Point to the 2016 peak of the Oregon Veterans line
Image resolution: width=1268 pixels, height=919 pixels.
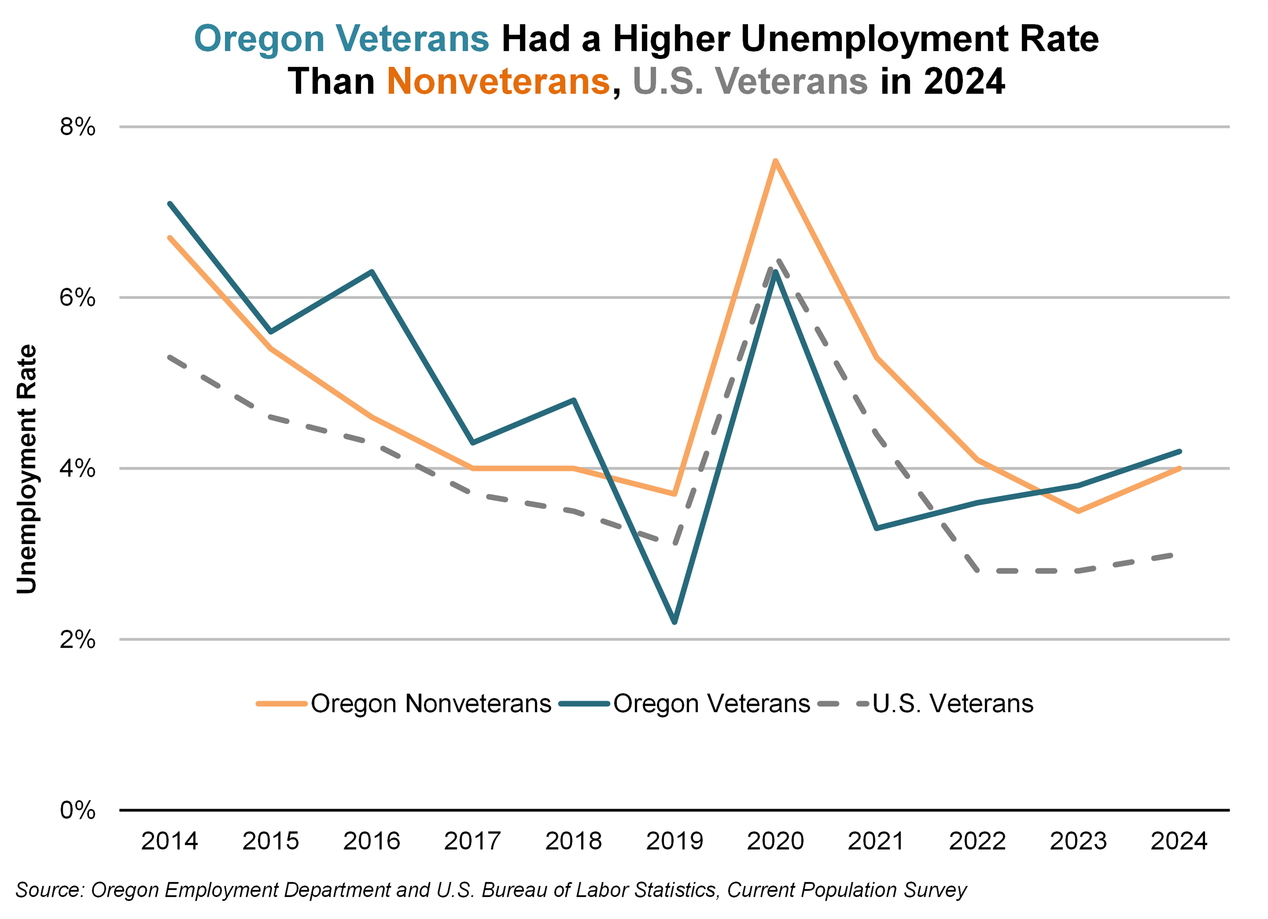[x=372, y=272]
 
